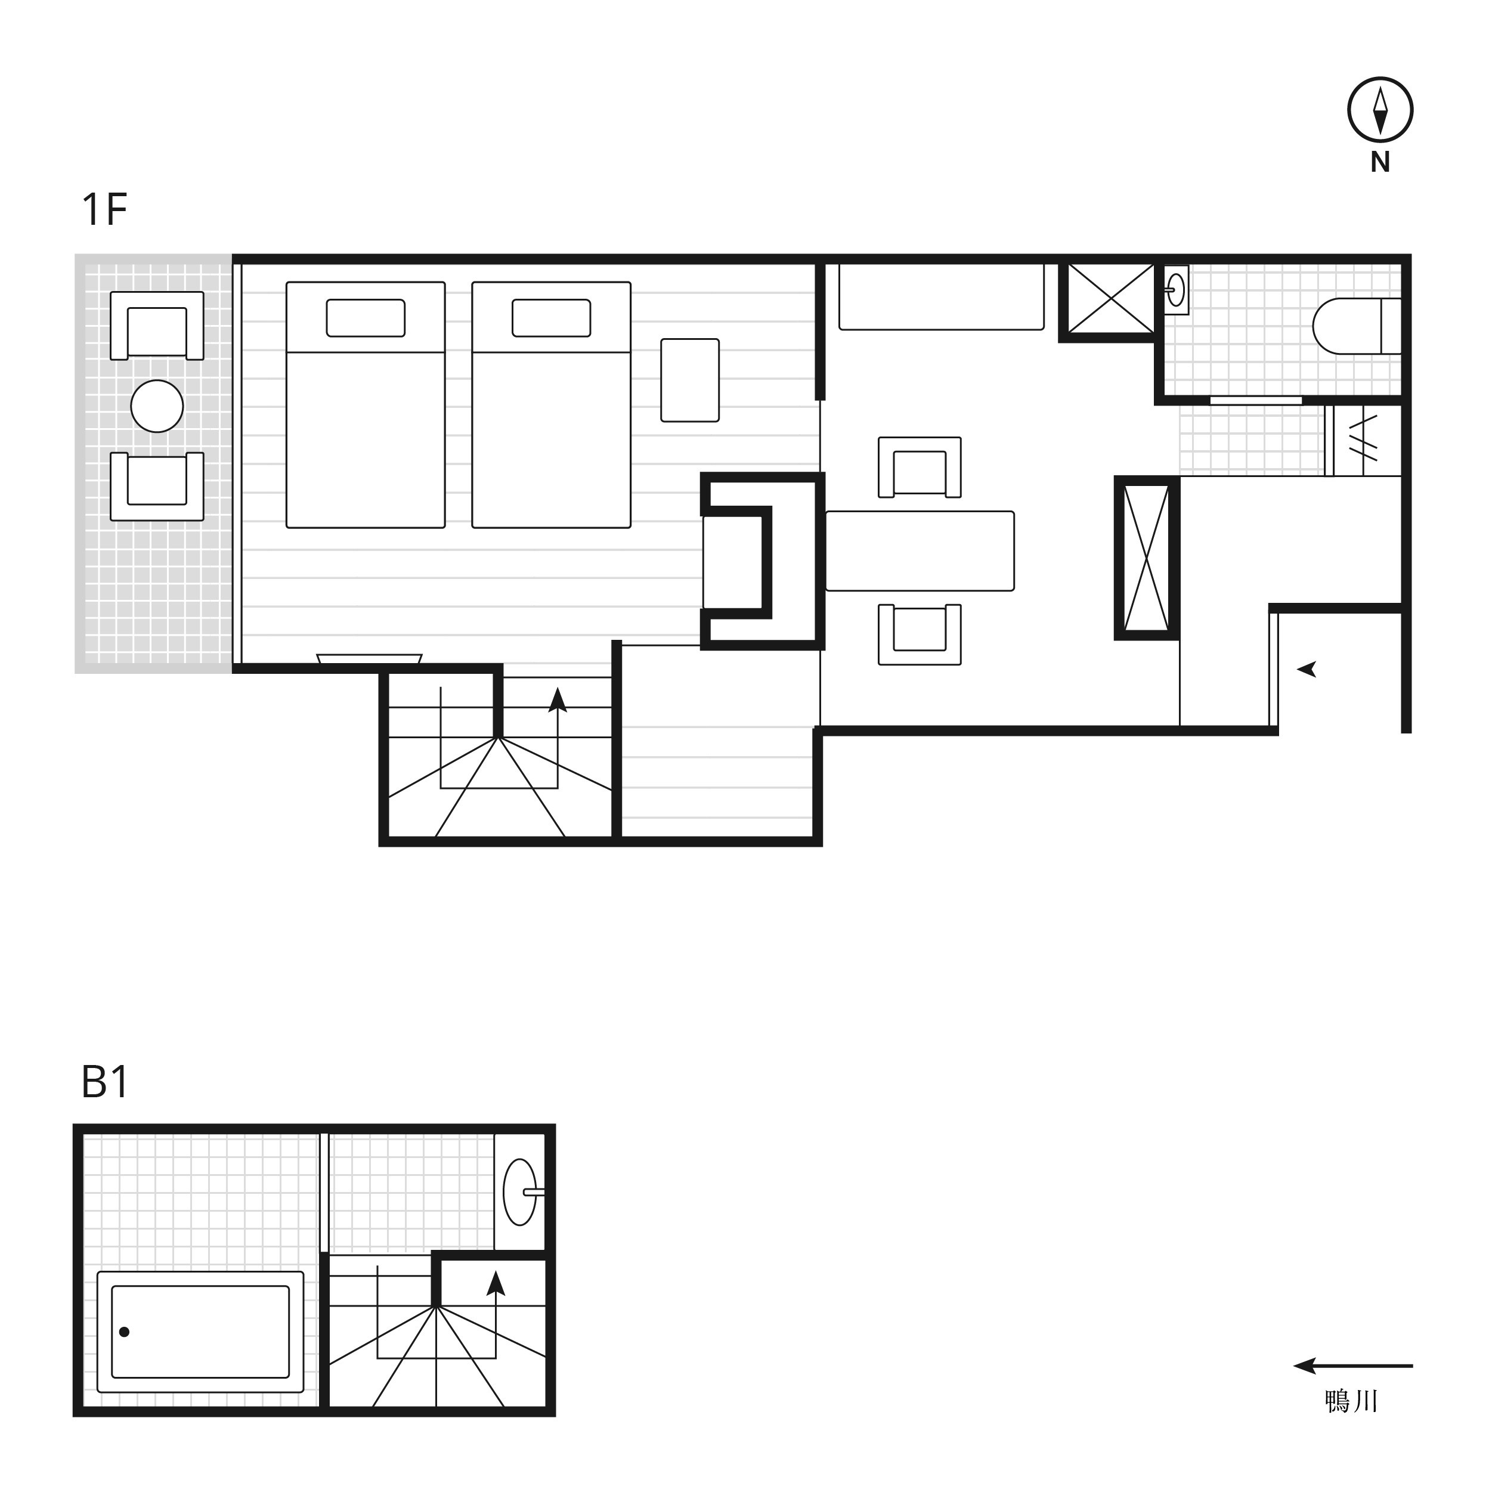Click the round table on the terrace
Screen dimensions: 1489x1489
point(157,406)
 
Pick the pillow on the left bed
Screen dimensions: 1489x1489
point(366,317)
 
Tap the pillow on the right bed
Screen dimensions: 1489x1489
point(551,317)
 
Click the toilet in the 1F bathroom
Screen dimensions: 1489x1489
point(1357,326)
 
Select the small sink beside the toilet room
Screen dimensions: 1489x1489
point(1175,290)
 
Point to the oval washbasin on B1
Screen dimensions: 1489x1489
point(520,1191)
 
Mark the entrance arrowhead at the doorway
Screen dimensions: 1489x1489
point(1307,670)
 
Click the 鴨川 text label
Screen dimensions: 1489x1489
point(1351,1401)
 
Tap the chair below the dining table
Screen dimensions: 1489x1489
point(920,634)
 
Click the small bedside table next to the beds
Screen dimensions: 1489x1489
point(690,380)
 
